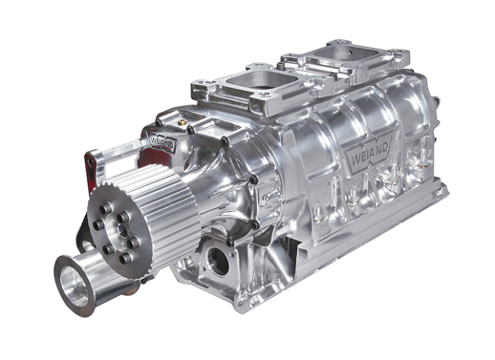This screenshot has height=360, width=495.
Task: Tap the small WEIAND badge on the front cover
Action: click(x=162, y=143)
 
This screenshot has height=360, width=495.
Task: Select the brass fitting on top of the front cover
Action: click(x=183, y=122)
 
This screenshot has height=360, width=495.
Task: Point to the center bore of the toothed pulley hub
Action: click(x=122, y=228)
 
